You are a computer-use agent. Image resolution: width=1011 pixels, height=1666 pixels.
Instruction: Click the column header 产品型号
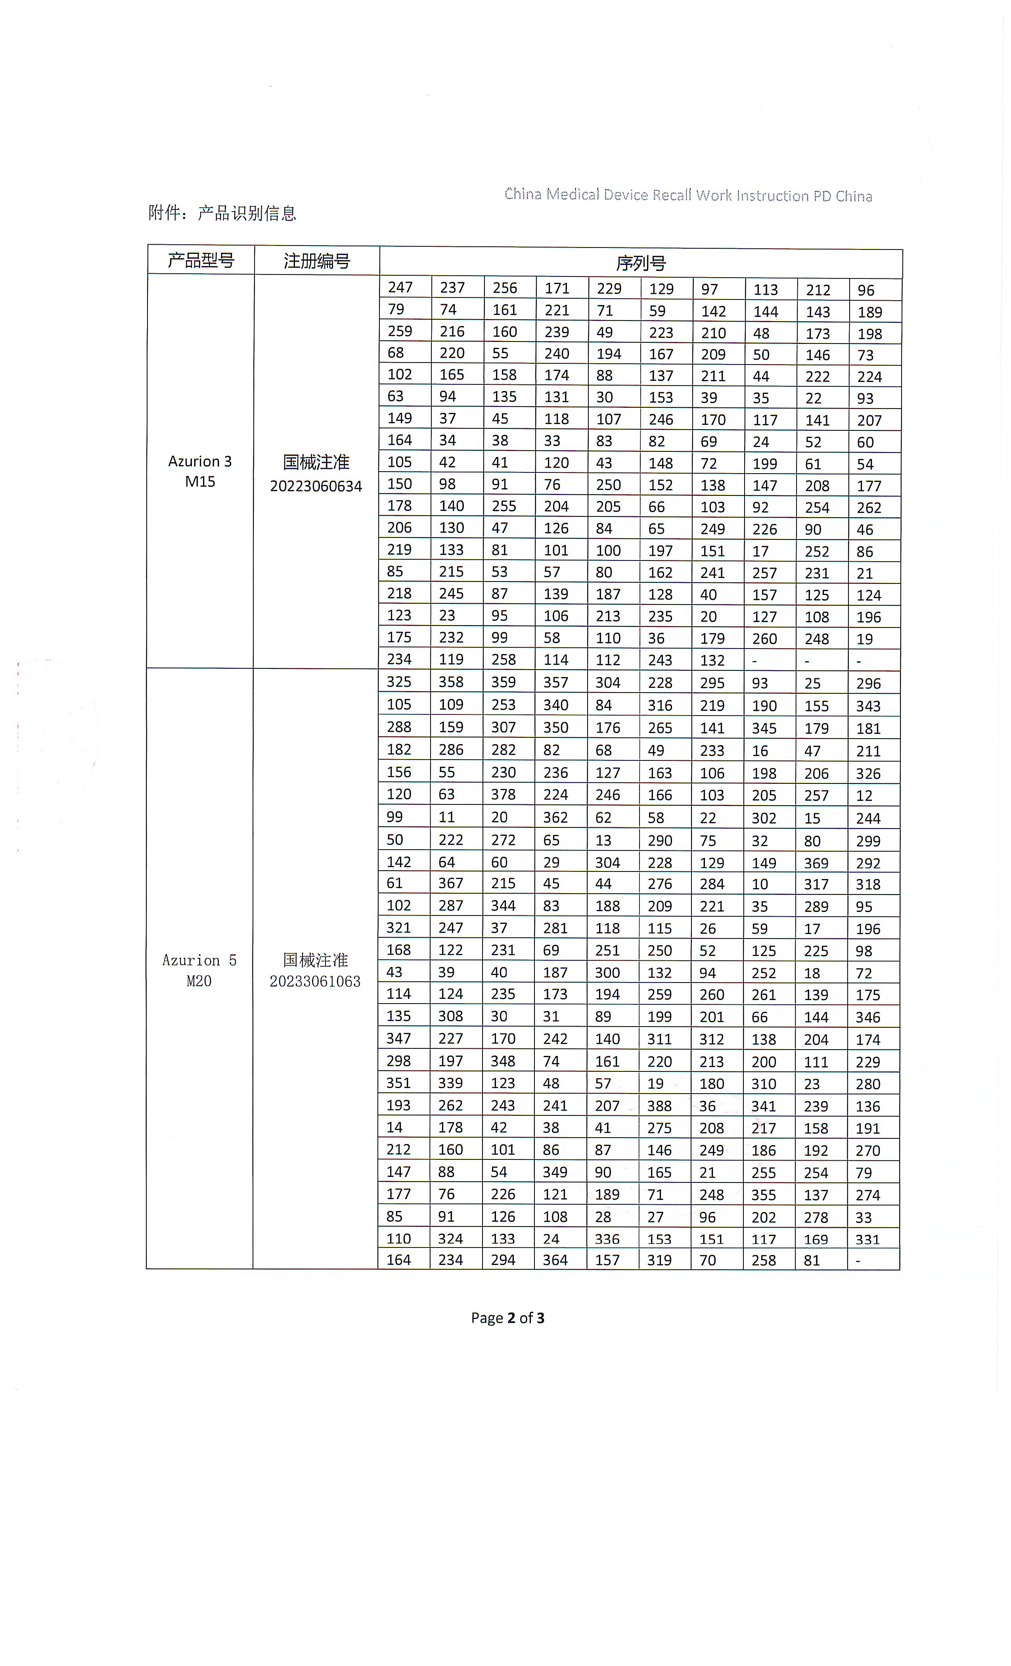201,260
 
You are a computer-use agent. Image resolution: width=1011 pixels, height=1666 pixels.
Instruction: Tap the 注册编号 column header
316,261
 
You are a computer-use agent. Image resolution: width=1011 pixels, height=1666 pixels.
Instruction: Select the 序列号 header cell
641,263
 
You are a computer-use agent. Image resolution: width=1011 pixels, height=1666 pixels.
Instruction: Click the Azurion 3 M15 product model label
200,471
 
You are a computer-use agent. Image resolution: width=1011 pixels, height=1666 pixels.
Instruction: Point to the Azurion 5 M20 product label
199,970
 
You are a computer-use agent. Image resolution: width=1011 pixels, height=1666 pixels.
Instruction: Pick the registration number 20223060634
316,486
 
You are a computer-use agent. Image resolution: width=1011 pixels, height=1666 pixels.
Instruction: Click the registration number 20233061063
315,981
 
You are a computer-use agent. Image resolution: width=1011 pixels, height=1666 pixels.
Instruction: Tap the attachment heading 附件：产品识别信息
222,213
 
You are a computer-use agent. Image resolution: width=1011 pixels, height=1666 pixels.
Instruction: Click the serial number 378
504,795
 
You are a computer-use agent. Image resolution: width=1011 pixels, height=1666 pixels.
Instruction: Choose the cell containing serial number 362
555,818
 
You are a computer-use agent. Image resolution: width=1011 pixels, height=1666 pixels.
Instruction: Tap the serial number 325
399,681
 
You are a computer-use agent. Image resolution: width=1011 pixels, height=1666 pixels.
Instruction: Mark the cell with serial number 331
868,1239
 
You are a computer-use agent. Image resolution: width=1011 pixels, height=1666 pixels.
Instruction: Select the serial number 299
868,841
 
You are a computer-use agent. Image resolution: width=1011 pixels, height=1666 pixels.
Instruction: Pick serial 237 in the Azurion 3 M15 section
452,287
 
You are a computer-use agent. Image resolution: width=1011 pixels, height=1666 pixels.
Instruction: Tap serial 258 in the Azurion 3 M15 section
504,659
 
